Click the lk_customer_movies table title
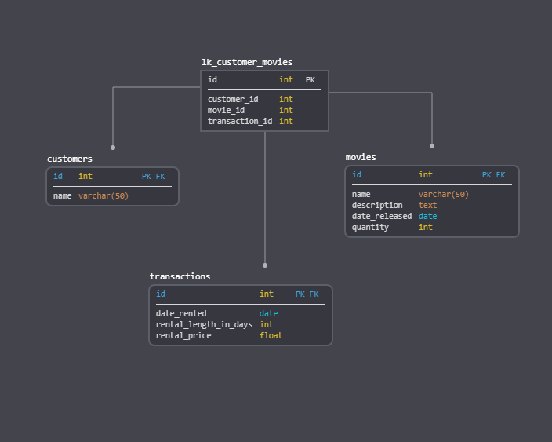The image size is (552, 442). tap(246, 62)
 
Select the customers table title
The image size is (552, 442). tap(69, 159)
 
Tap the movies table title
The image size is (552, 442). tap(361, 157)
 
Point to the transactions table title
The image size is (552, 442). tap(180, 276)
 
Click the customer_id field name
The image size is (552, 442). tap(233, 99)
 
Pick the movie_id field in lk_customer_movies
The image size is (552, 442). tap(226, 110)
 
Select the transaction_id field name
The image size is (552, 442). tap(240, 121)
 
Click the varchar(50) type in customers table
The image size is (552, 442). tap(103, 195)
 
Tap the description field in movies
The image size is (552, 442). tap(377, 205)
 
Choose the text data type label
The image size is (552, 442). tap(427, 205)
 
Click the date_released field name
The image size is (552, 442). tap(382, 216)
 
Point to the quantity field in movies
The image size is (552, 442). tap(370, 227)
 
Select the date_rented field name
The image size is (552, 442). tap(181, 313)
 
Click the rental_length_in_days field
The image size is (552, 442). tap(204, 324)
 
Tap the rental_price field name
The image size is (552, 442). tap(183, 335)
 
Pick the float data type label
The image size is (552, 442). tap(271, 335)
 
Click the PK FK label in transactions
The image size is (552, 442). tap(307, 294)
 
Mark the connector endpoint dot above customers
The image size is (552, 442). tap(113, 147)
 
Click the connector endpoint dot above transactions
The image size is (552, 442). tap(265, 265)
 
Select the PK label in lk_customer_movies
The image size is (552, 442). tap(310, 80)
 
